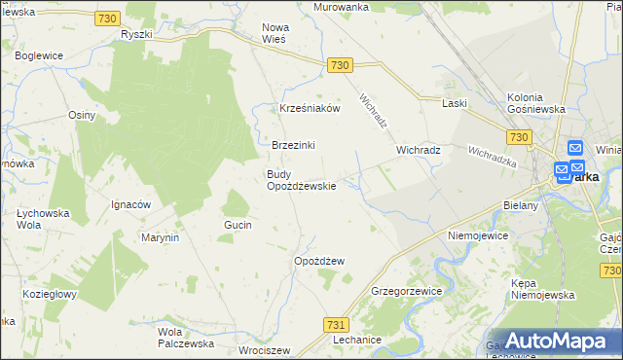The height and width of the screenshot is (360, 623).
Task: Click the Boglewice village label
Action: pyautogui.click(x=39, y=56)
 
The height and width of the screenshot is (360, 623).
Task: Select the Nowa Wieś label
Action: pyautogui.click(x=276, y=33)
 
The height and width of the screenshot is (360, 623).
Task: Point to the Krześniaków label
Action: pyautogui.click(x=310, y=109)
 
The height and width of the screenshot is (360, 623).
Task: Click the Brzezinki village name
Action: pyautogui.click(x=293, y=145)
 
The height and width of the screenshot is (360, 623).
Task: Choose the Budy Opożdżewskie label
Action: pyautogui.click(x=302, y=180)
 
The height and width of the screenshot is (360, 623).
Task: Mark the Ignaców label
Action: pyautogui.click(x=130, y=205)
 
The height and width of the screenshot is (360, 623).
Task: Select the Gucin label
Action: pyautogui.click(x=238, y=225)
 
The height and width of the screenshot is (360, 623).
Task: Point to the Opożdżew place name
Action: pyautogui.click(x=319, y=261)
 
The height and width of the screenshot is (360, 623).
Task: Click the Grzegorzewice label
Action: pyautogui.click(x=407, y=291)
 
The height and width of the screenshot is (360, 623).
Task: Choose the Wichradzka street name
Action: pyautogui.click(x=491, y=156)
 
